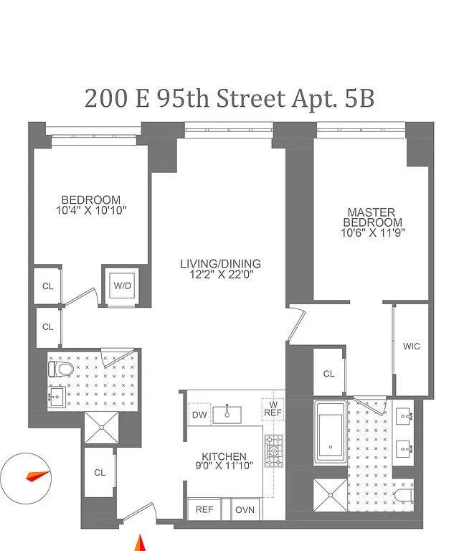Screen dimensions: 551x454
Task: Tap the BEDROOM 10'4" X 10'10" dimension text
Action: (x=90, y=211)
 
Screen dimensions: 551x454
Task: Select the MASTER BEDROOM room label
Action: (x=371, y=222)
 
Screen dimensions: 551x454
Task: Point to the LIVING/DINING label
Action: (x=220, y=268)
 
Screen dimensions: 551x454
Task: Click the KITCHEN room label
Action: (x=224, y=461)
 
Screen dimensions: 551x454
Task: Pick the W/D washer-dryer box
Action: (x=123, y=286)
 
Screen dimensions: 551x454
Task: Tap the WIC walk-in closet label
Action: (x=411, y=347)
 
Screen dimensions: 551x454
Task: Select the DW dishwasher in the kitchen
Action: (x=199, y=414)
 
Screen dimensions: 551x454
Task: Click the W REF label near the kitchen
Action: (x=273, y=408)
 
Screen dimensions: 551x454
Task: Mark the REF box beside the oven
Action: (x=204, y=510)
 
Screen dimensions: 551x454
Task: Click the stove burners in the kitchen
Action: (x=273, y=450)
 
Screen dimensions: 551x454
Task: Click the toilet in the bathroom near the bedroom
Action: (x=61, y=369)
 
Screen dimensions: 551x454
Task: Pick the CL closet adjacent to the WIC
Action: (x=328, y=374)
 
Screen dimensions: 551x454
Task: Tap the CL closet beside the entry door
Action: (x=100, y=473)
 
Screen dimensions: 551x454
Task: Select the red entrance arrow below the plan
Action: (x=141, y=543)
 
